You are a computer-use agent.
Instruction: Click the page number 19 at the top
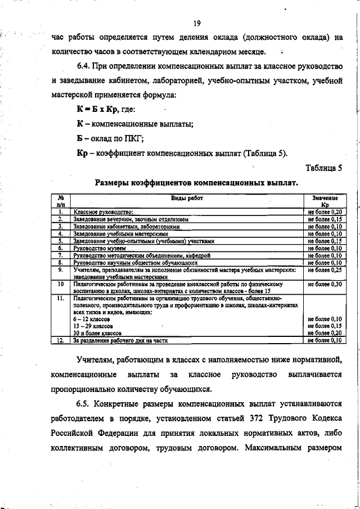pos(197,24)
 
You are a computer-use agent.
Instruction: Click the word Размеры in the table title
pos(114,183)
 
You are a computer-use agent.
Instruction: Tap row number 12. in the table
pos(60,340)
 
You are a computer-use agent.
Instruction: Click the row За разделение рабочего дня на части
pos(120,340)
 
